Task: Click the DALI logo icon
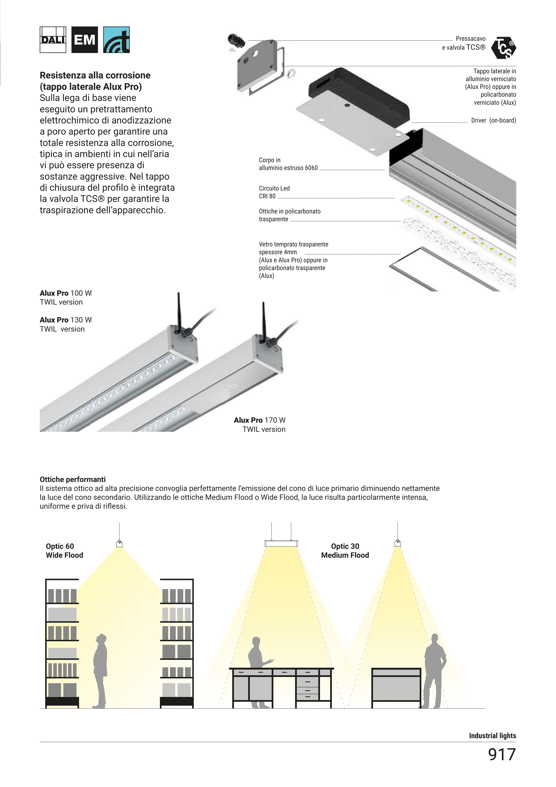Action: click(53, 40)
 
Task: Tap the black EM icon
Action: click(84, 40)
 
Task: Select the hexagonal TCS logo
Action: click(503, 48)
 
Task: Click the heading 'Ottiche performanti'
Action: click(73, 479)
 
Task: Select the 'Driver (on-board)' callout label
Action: click(493, 120)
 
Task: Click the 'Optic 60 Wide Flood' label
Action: click(64, 551)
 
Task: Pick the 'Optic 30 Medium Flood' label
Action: click(345, 551)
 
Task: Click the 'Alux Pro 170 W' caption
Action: click(260, 420)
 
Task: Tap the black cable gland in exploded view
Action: click(236, 41)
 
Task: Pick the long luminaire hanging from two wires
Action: click(281, 543)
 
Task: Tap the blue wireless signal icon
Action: click(116, 40)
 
